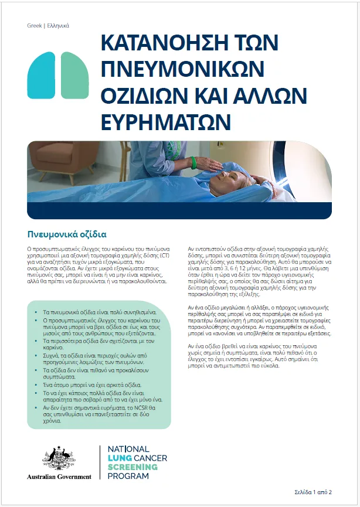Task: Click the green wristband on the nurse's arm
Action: point(193,162)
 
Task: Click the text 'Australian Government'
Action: point(59,477)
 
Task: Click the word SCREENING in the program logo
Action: point(133,467)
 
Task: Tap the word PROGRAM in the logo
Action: point(128,477)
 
